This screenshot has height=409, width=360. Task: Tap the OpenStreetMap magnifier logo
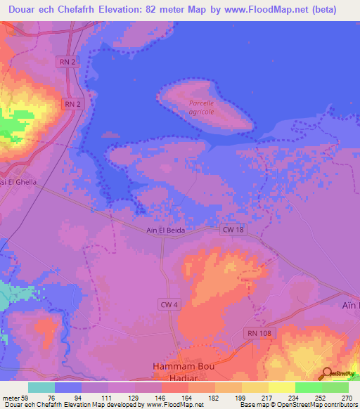tap(326, 374)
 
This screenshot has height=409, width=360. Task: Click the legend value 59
tap(27, 398)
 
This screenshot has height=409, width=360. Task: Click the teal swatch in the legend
tap(41, 387)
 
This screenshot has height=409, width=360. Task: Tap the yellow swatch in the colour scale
tap(255, 387)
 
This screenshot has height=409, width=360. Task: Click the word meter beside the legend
tap(11, 398)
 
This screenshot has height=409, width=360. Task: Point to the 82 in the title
tap(174, 10)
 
